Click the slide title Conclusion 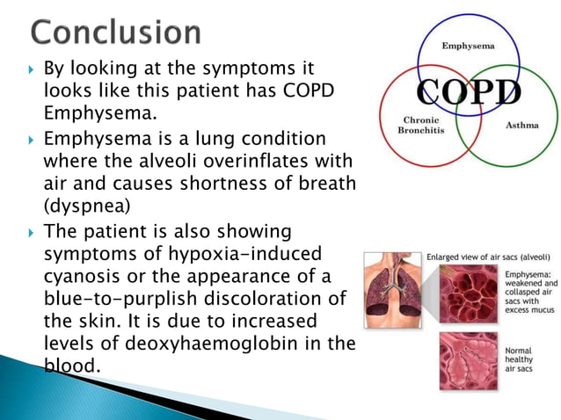(x=116, y=33)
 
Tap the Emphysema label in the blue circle (x=467, y=44)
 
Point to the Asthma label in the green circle (x=522, y=125)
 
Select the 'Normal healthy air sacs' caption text (x=521, y=359)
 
